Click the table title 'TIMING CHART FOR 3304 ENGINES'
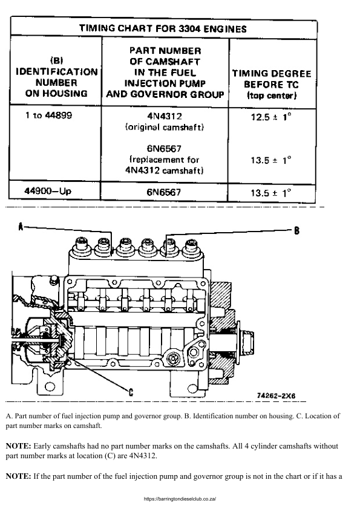164,28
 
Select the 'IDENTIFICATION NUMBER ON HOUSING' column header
56,77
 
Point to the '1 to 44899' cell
48,115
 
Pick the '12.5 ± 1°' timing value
271,117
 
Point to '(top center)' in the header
272,96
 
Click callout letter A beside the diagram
21,227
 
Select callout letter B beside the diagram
297,230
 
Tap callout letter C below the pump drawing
131,391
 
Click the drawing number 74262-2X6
276,395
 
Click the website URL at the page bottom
180,499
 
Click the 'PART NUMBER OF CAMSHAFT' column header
165,73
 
